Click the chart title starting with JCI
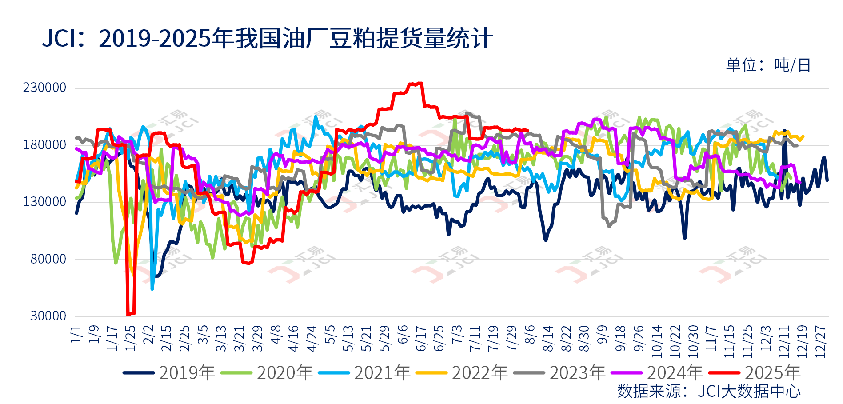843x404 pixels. pos(267,38)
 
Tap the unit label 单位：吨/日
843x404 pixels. pos(768,65)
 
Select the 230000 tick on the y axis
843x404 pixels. pos(44,88)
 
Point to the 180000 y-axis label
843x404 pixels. pos(44,145)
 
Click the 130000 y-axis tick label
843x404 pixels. pos(44,202)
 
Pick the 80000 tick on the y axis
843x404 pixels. pos(48,259)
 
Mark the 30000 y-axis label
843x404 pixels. pos(48,316)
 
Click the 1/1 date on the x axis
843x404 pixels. pos(76,334)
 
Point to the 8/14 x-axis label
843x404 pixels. pos(548,339)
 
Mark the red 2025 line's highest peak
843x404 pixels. pos(420,83)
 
